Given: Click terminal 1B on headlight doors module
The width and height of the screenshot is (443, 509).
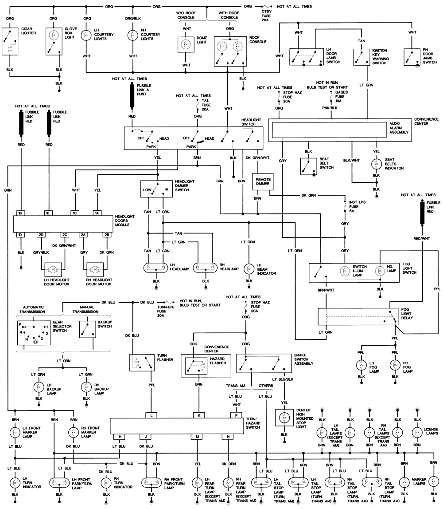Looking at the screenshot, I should coord(20,213).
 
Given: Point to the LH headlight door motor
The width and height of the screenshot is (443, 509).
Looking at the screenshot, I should coord(52,269).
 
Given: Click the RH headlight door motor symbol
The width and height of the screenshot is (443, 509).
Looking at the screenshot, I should coord(94,269).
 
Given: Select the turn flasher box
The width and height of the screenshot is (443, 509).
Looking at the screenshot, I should coord(141,363).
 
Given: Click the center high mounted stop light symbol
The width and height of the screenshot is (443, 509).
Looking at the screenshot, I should coord(282,417).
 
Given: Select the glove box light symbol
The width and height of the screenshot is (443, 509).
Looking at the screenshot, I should coord(54,42).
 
